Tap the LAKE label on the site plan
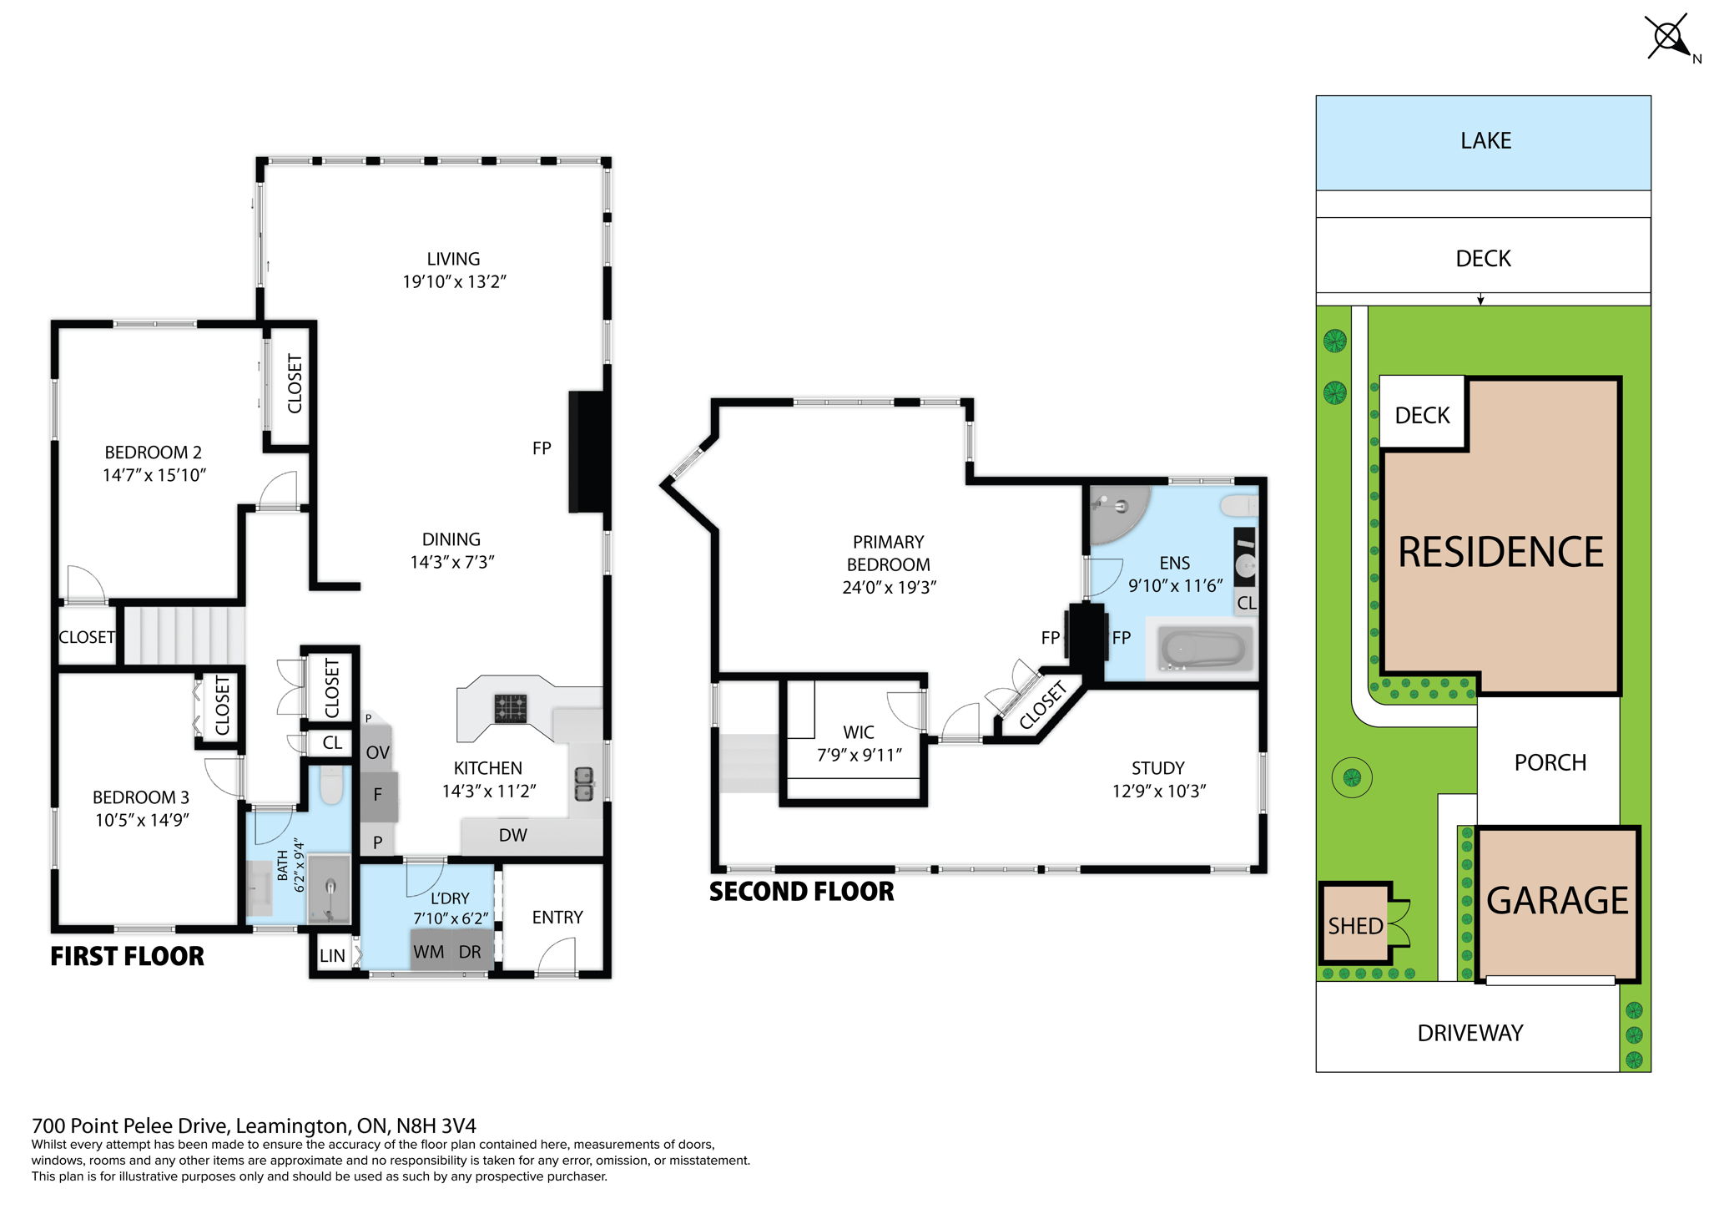click(x=1485, y=140)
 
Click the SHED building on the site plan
click(x=1356, y=923)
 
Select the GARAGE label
click(x=1557, y=901)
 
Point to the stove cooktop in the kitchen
click(x=510, y=709)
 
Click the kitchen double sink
click(x=584, y=783)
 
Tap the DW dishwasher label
click(x=512, y=835)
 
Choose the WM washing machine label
click(x=428, y=952)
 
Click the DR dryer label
click(x=470, y=952)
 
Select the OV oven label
click(x=377, y=752)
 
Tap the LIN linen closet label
click(x=332, y=956)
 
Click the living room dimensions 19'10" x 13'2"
click(x=454, y=281)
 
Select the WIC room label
click(x=859, y=732)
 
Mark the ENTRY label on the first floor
click(x=557, y=917)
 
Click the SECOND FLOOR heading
click(x=801, y=892)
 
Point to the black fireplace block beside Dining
click(x=588, y=451)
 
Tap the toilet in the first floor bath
click(x=331, y=785)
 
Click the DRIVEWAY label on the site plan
click(x=1470, y=1033)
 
